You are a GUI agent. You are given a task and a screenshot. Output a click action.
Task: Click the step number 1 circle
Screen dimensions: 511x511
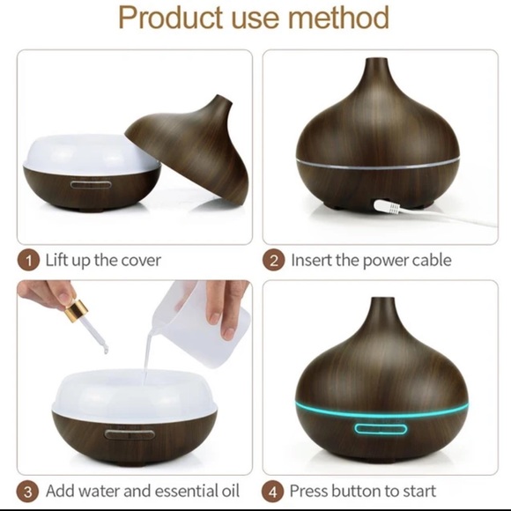[30, 261]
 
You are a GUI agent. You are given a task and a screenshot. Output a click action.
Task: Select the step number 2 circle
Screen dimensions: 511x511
[275, 261]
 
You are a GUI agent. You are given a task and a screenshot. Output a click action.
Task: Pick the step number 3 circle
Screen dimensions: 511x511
[30, 491]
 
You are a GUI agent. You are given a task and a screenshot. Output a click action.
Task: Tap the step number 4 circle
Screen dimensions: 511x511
[275, 491]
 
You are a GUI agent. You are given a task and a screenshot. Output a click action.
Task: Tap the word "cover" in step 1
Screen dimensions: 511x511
[138, 261]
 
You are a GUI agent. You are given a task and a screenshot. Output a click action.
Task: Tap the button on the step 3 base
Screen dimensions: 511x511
[122, 433]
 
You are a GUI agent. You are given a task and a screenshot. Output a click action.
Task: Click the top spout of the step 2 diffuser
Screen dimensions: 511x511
[381, 64]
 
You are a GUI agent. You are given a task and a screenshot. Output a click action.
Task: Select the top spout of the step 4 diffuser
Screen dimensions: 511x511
[381, 304]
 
